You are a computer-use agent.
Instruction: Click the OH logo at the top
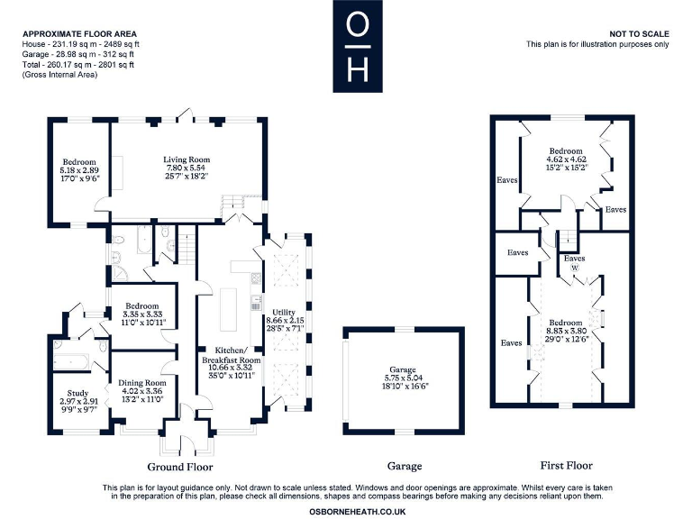pos(357,46)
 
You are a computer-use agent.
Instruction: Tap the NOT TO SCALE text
pos(639,33)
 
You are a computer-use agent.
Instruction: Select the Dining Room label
pos(142,383)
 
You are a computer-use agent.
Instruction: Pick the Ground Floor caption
pos(180,467)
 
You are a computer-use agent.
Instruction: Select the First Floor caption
pos(566,465)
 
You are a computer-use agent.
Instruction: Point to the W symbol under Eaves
pos(574,268)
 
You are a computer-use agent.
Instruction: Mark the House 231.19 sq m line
pos(81,44)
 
